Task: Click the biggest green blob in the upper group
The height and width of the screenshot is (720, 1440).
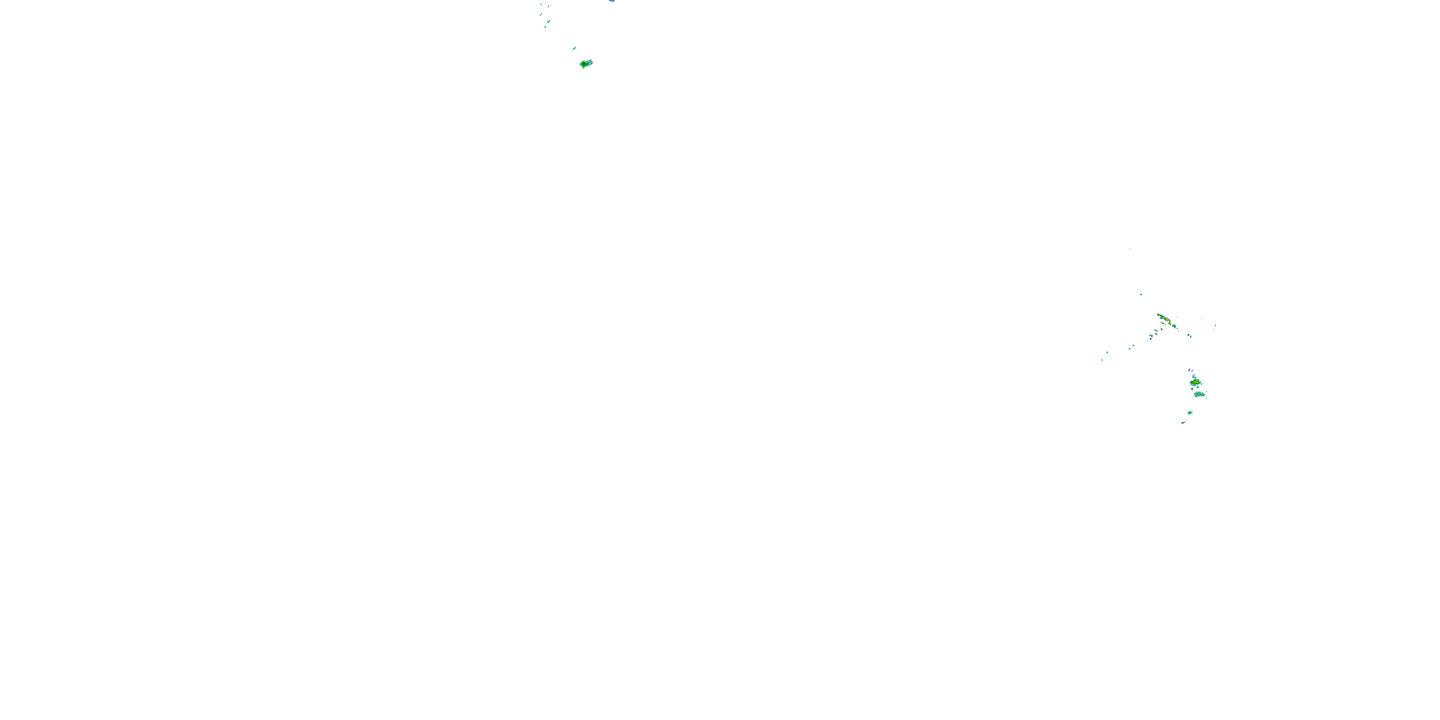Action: (585, 64)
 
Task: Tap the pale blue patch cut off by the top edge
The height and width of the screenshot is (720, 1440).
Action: (612, 1)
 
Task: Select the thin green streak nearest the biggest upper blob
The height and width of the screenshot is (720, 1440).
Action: (574, 48)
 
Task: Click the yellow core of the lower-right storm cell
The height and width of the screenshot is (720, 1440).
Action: (1195, 383)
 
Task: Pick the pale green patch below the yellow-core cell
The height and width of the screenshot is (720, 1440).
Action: (1199, 394)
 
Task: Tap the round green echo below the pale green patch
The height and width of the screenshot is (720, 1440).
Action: (1190, 412)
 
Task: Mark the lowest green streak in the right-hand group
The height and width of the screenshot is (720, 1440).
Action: (1183, 422)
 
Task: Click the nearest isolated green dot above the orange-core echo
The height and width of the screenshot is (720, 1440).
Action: (1141, 294)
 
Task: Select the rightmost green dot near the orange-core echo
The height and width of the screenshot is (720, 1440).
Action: (1215, 326)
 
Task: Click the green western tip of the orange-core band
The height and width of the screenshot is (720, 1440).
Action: (1158, 315)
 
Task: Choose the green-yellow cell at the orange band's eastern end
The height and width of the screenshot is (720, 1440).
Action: (1173, 325)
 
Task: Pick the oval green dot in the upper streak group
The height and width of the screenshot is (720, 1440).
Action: (548, 22)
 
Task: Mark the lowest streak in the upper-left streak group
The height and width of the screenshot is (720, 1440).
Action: (544, 27)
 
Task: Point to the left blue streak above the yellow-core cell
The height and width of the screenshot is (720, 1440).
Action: (1189, 370)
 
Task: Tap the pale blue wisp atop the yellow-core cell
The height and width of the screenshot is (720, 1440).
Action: (1192, 377)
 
